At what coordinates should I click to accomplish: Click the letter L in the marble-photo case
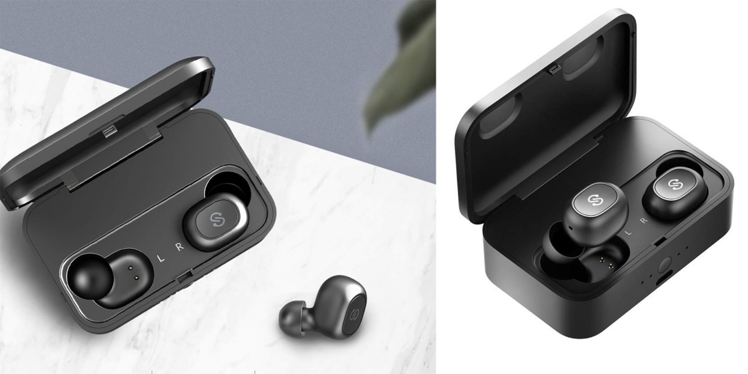pos(161,258)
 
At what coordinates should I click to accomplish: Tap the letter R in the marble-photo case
pos(180,247)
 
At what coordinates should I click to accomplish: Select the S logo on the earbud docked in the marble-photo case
pos(218,219)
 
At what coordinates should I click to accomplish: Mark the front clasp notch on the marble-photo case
pos(184,277)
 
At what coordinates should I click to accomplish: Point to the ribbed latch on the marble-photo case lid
pos(110,132)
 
